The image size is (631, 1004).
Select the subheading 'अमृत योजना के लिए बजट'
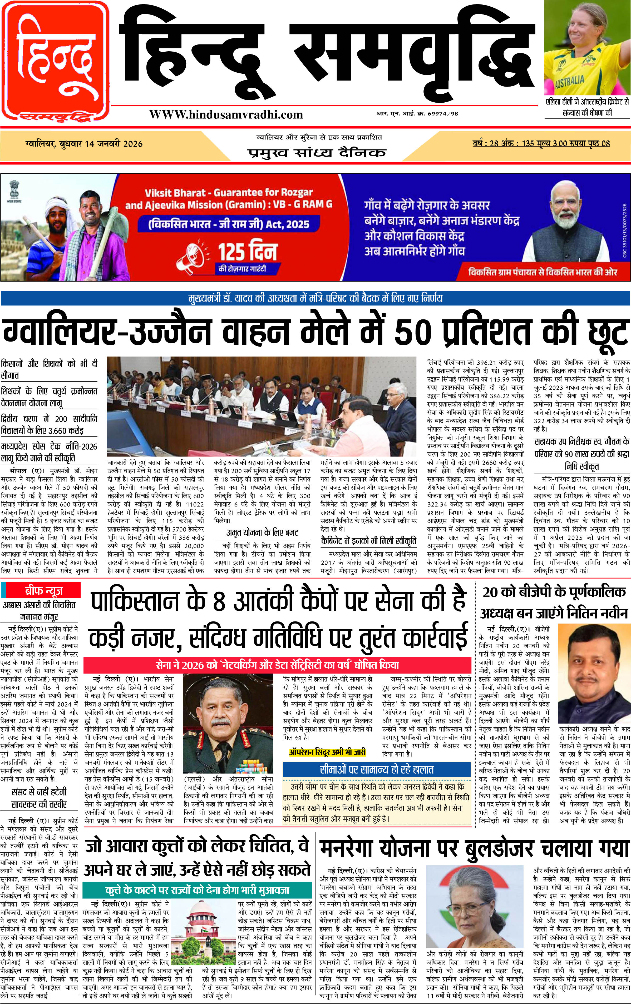(x=262, y=533)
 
